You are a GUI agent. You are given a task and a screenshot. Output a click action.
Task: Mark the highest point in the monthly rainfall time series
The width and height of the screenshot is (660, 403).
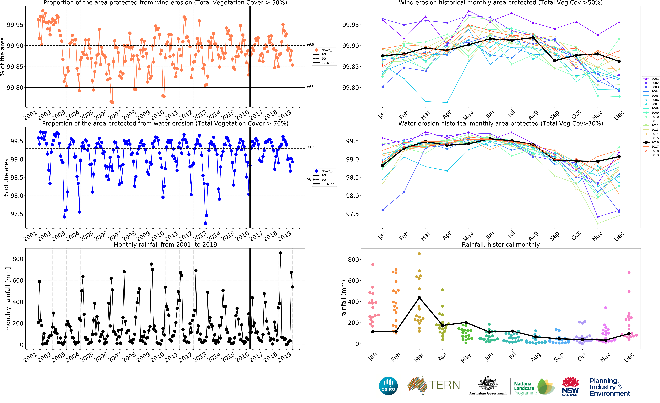click(x=280, y=253)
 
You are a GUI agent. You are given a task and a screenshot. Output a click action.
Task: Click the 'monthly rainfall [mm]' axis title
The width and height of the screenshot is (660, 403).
click(x=8, y=299)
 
